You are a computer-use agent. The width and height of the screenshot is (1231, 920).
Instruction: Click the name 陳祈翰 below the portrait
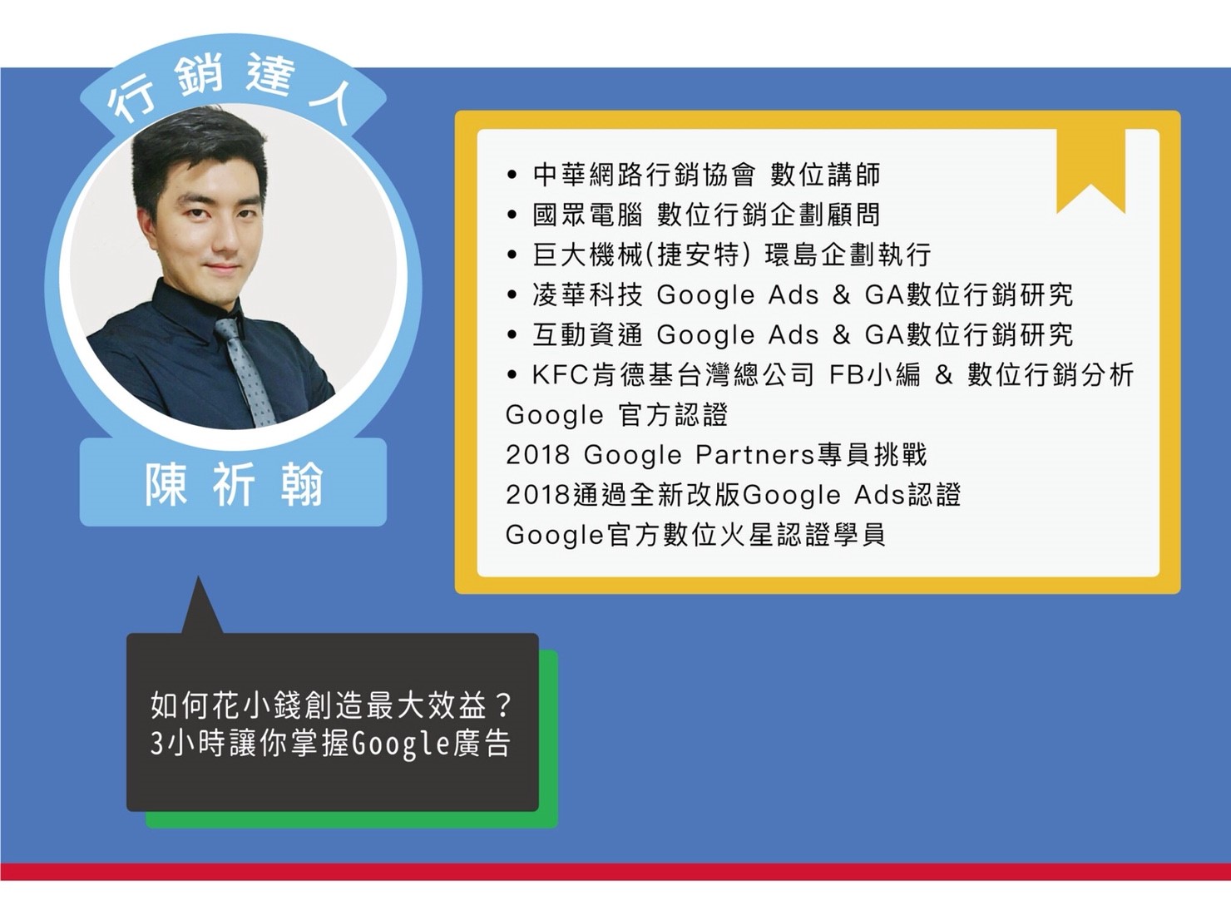point(234,482)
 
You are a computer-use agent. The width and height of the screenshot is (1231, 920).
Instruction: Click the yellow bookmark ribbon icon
point(1090,171)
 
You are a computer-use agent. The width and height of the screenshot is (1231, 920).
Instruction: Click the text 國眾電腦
point(587,215)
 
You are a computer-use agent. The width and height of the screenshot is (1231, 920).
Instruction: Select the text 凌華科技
point(587,295)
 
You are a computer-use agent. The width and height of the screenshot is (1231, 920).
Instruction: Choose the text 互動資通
point(587,334)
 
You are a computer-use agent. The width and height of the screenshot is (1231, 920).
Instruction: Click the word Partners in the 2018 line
point(755,455)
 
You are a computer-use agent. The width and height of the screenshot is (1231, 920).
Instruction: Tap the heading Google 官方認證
point(616,415)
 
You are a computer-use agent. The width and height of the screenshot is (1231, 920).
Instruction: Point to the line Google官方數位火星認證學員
point(695,535)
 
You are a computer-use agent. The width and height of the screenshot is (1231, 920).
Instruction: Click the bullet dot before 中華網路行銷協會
point(511,176)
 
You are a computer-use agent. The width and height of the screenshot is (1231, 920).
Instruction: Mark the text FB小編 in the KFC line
point(875,375)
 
